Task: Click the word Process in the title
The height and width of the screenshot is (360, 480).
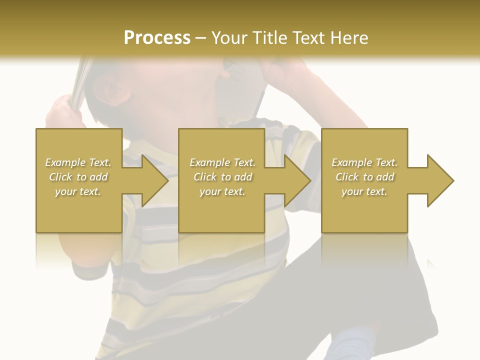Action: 157,38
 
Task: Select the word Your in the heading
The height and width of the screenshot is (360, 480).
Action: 228,38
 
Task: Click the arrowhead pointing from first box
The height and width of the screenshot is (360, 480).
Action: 153,180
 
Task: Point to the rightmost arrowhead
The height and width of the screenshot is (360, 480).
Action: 439,180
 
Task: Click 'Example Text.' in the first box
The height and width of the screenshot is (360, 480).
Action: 78,162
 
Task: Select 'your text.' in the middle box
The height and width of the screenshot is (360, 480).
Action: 222,191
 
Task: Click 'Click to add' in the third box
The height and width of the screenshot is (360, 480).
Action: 364,177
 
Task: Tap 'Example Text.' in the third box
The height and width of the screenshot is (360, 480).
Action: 364,162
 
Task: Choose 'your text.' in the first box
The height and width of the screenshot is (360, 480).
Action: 78,191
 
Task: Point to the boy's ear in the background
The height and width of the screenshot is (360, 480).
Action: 112,92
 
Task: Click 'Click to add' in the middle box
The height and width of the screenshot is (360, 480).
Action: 222,177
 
